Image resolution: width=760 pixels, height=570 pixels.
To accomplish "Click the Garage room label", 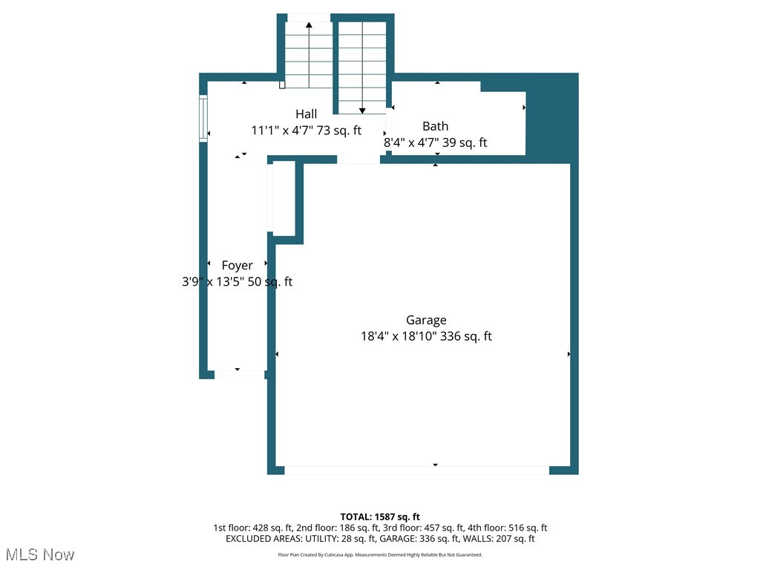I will tap(426, 320).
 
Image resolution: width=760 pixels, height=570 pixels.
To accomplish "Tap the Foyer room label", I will tap(237, 265).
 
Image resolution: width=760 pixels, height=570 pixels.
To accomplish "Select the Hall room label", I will tap(306, 114).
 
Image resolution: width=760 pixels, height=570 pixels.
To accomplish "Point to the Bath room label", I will tap(435, 126).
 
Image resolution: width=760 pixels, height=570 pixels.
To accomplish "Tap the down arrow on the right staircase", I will tap(362, 110).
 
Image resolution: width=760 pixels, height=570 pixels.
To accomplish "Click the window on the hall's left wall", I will tap(203, 118).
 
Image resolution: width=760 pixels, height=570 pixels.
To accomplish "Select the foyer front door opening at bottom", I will tap(239, 375).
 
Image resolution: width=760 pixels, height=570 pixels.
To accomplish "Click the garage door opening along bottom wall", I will tap(416, 470).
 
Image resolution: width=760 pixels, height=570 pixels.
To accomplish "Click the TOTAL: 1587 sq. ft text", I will tap(380, 517).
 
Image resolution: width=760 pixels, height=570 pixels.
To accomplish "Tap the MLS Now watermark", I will tap(40, 554).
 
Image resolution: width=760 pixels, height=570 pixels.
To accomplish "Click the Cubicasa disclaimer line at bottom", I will tap(380, 554).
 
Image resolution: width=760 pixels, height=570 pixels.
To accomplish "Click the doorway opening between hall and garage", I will tap(358, 160).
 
